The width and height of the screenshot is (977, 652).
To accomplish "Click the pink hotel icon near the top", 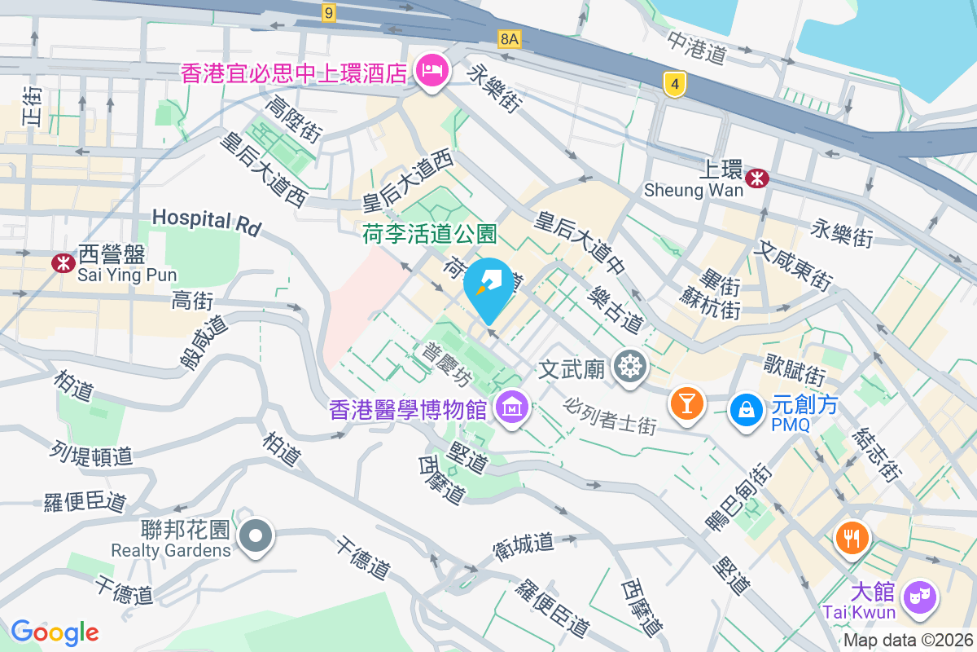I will (431, 71).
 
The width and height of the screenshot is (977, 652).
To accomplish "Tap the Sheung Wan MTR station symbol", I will (758, 178).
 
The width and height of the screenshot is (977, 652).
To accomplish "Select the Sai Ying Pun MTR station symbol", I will (61, 262).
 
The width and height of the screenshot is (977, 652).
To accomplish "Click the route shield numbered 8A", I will (510, 38).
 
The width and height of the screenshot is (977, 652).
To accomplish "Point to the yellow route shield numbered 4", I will (673, 84).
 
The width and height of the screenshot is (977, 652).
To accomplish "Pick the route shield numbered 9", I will (328, 12).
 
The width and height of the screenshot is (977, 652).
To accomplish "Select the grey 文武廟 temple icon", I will (629, 368).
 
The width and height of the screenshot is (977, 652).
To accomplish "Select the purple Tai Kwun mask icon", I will (920, 597).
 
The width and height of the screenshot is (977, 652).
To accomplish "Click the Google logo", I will (55, 632).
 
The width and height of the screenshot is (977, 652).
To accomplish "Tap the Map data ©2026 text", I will (908, 641).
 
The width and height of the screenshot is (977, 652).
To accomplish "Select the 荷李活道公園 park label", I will (429, 235).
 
